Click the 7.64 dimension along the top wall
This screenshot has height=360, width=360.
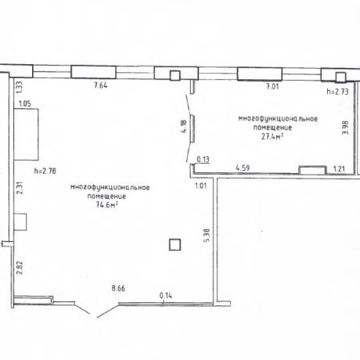(x=101, y=85)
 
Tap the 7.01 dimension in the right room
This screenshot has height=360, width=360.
(x=272, y=86)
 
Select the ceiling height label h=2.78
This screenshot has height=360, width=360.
(x=45, y=171)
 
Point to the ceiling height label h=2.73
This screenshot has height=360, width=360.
(x=338, y=92)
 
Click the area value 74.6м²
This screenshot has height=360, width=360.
(x=107, y=205)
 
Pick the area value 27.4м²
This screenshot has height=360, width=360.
(x=272, y=136)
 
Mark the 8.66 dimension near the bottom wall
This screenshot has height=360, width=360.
(x=118, y=288)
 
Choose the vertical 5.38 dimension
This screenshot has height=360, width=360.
(x=207, y=236)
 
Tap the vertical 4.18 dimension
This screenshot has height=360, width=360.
(x=184, y=127)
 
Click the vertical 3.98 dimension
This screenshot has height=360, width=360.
(x=345, y=128)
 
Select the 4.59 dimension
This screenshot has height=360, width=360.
(x=243, y=167)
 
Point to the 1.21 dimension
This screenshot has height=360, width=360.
(x=339, y=169)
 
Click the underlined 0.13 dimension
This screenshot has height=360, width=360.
(x=203, y=160)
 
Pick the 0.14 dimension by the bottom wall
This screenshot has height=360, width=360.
(x=166, y=296)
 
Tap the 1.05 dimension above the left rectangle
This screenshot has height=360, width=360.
(x=25, y=103)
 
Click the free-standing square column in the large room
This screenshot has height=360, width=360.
(x=175, y=245)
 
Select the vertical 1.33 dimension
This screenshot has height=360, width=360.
(x=20, y=88)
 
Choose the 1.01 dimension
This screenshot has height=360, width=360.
(x=201, y=185)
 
